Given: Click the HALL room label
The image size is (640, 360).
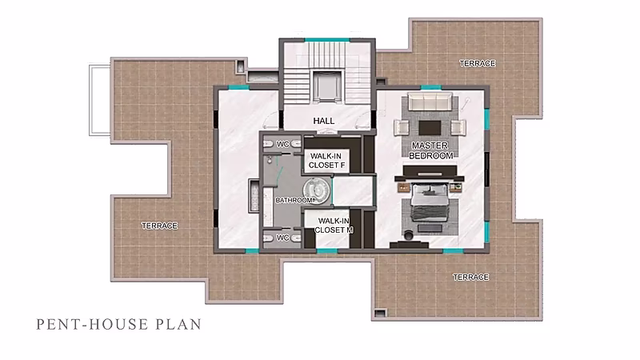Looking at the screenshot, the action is [324, 121].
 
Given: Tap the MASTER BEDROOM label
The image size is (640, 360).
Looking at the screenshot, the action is [431, 150].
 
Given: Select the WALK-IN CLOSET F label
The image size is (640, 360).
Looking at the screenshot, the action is [326, 161].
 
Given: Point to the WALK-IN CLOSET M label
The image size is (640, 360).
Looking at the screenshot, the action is [334, 226].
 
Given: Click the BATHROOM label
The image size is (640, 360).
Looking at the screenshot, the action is [294, 200].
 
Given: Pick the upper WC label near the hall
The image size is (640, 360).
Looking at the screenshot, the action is [282, 144].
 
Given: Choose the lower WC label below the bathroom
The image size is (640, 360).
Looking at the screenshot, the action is [282, 238].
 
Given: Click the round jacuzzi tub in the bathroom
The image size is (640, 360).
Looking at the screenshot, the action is [316, 190].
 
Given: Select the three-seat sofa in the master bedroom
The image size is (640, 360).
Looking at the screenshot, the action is [430, 102].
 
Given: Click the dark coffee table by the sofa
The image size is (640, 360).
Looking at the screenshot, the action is [430, 127].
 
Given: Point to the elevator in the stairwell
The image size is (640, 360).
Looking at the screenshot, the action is [326, 86].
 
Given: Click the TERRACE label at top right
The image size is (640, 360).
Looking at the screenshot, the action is [477, 64].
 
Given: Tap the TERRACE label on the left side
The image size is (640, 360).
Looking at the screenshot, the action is [159, 226].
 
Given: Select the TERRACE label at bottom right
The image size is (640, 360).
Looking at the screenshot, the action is [470, 277].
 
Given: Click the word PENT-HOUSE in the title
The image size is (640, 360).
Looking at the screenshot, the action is [92, 325].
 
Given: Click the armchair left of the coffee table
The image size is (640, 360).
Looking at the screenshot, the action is [402, 127].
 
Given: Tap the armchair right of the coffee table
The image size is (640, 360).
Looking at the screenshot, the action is [458, 127].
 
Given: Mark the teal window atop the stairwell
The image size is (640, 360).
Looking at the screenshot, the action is [327, 40].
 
